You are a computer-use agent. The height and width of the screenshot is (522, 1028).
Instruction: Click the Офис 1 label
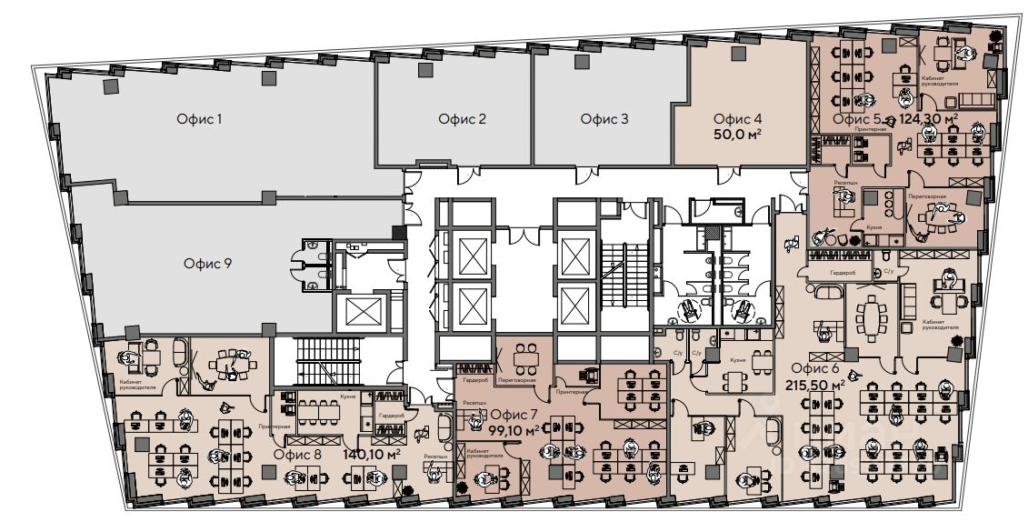pos(199,119)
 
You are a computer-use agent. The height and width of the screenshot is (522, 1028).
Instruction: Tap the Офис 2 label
pos(462,118)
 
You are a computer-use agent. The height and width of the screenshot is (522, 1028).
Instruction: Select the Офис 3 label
pos(604,118)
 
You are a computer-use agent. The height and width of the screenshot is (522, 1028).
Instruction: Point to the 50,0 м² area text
pos(737,134)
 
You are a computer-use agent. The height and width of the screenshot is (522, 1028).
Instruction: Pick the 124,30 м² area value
pos(928,119)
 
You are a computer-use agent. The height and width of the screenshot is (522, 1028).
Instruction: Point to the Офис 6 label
pos(814,368)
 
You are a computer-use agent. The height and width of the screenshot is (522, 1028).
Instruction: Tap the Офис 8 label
pos(298,454)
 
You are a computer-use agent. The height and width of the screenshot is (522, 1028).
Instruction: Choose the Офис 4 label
pos(737,118)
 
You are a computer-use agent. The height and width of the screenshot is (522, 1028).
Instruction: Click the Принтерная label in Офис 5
pos(872,129)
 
